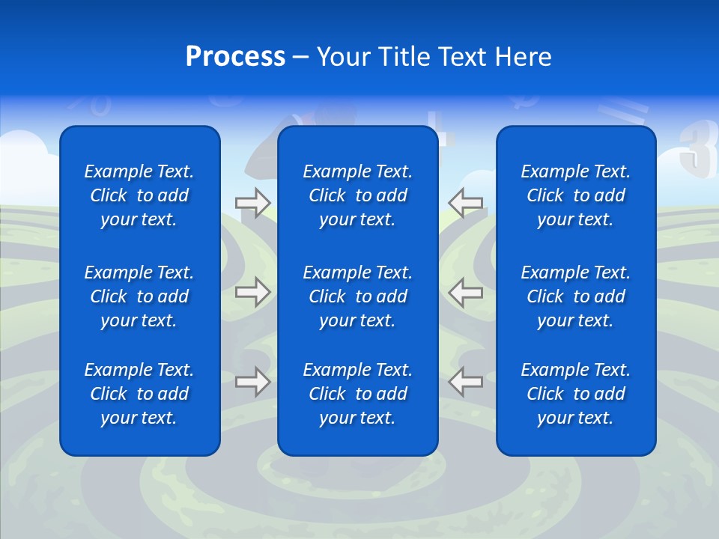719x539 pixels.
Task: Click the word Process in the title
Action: [x=235, y=57]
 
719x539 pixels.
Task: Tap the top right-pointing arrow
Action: [x=252, y=203]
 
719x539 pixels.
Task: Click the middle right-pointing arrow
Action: [x=252, y=292]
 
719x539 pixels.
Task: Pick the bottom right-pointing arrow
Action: [x=252, y=382]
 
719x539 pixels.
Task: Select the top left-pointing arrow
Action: [x=465, y=203]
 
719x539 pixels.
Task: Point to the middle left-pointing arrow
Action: [x=465, y=292]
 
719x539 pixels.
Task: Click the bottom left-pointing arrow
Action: [x=465, y=382]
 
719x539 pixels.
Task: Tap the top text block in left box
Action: [x=139, y=195]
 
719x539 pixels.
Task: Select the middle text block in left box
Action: [x=139, y=296]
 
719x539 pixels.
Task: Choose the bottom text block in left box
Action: [x=139, y=394]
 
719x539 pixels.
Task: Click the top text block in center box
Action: [x=357, y=195]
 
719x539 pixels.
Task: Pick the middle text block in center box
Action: [x=357, y=296]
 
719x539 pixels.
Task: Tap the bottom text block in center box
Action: [x=357, y=394]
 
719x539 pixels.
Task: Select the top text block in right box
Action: [x=575, y=195]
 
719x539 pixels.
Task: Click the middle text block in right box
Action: [x=575, y=296]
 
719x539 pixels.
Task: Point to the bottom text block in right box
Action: [x=575, y=394]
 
